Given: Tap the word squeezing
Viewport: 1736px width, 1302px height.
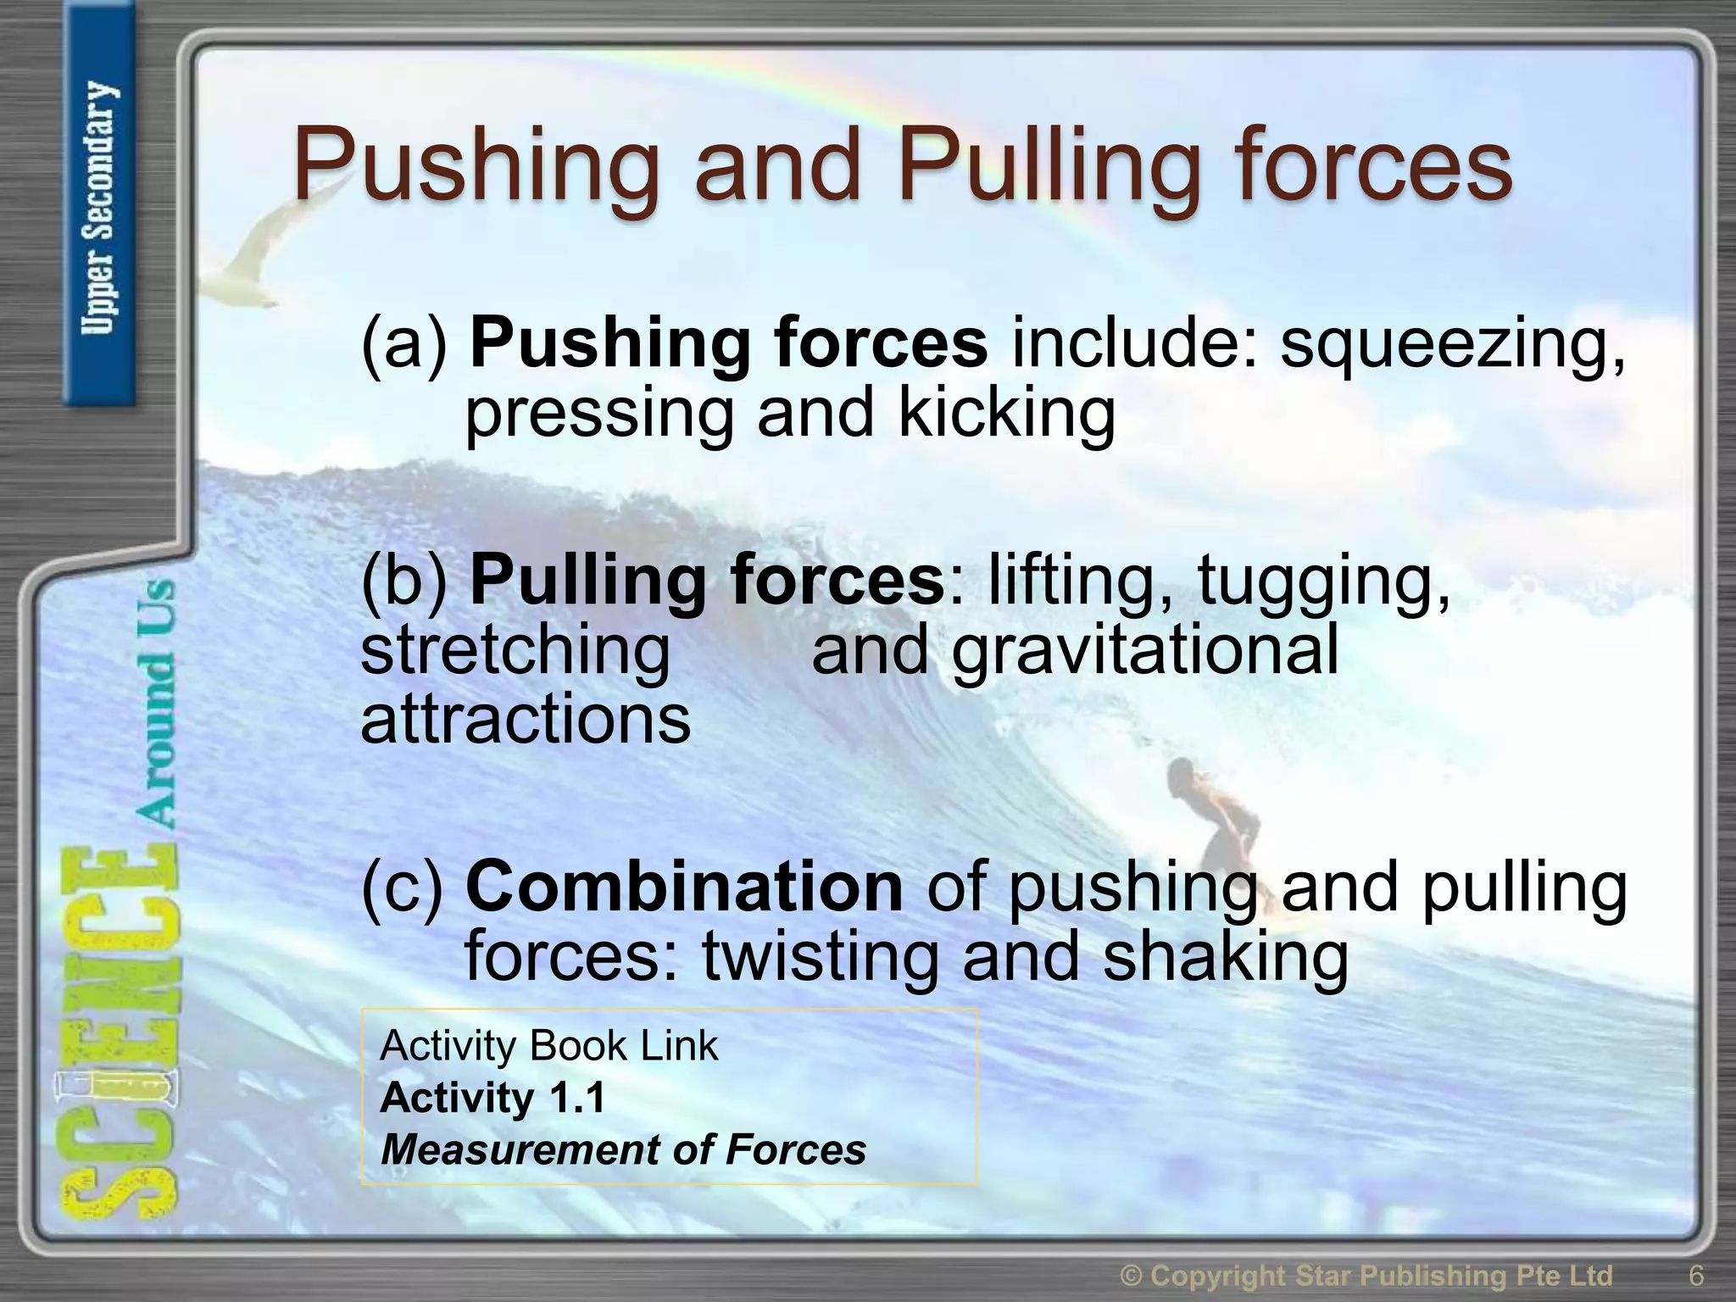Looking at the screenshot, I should click(x=1452, y=345).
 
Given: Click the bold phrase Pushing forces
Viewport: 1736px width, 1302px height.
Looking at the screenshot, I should click(x=728, y=343).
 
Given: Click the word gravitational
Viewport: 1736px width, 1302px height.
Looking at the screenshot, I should click(x=1145, y=650).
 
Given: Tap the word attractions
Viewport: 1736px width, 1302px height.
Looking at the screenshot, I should click(x=526, y=720).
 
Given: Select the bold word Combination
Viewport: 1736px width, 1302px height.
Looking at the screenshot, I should click(x=684, y=887).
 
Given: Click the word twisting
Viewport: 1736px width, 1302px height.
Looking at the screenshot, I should click(x=820, y=957).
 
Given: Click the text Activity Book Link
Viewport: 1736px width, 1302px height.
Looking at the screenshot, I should click(x=549, y=1045).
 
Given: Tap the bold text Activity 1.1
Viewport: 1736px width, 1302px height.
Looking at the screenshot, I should click(x=493, y=1098).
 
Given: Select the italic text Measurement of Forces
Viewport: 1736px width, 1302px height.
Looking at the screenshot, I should click(x=624, y=1150).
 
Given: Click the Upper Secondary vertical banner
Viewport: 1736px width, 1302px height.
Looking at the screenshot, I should click(x=99, y=208).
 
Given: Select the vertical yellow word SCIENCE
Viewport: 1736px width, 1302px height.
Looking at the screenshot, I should click(x=119, y=1034).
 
